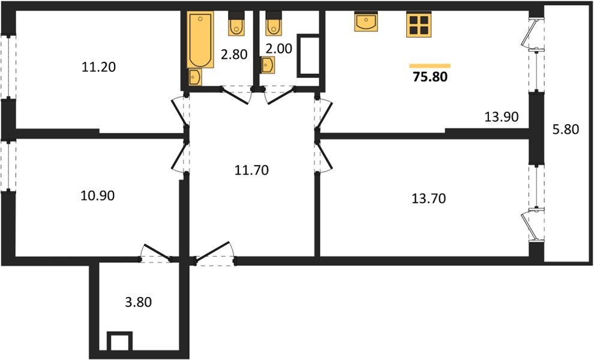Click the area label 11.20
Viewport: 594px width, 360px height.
[x=98, y=67]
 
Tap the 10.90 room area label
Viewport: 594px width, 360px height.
[x=97, y=195]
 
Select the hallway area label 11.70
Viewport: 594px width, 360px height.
[x=251, y=170]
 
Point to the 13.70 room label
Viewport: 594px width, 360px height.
[x=428, y=199]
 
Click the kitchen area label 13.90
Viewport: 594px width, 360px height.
[x=501, y=116]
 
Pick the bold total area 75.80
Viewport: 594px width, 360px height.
[x=430, y=77]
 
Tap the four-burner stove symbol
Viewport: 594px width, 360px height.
[x=418, y=25]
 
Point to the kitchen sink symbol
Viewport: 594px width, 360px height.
[x=366, y=22]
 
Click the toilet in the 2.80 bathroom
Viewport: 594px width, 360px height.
[x=235, y=25]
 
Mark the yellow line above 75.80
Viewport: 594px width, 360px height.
[x=430, y=65]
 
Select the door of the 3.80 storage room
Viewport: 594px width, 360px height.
[x=155, y=254]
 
